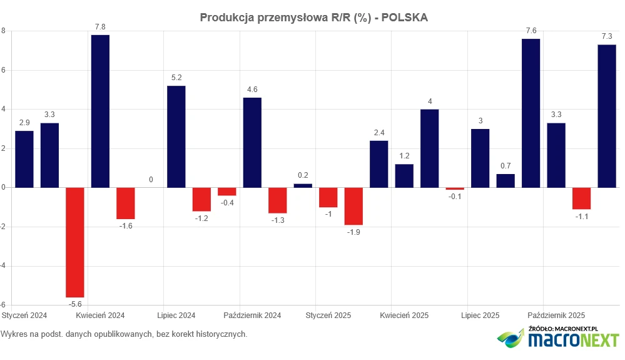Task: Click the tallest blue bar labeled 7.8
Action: pos(100,111)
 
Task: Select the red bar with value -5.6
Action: pos(75,242)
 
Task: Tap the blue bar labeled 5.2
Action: pos(176,136)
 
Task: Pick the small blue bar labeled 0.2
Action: pos(303,185)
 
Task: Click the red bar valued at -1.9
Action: pos(353,206)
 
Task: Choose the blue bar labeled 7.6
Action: pos(531,113)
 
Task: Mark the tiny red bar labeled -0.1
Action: pos(455,188)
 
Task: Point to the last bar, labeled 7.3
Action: pos(607,116)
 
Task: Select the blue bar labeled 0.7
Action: pos(506,180)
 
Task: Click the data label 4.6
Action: pos(252,90)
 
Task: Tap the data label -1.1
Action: pos(581,217)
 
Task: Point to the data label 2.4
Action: pos(379,132)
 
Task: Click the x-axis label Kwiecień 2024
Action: pos(100,316)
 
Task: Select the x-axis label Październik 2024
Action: pos(252,316)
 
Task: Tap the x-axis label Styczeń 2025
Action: pos(328,316)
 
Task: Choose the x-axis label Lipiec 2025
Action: pos(480,316)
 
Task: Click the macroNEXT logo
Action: pos(559,339)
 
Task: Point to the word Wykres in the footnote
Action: pos(15,334)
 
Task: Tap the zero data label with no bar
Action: pos(151,180)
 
